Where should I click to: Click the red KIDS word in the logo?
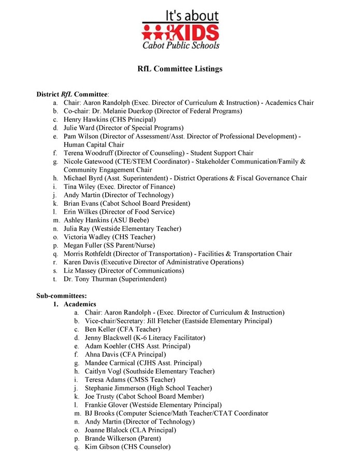[x=193, y=32]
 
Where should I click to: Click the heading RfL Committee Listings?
[x=180, y=69]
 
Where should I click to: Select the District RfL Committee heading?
[x=72, y=94]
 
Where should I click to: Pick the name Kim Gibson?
[x=102, y=447]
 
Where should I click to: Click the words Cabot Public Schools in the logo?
[x=181, y=45]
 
